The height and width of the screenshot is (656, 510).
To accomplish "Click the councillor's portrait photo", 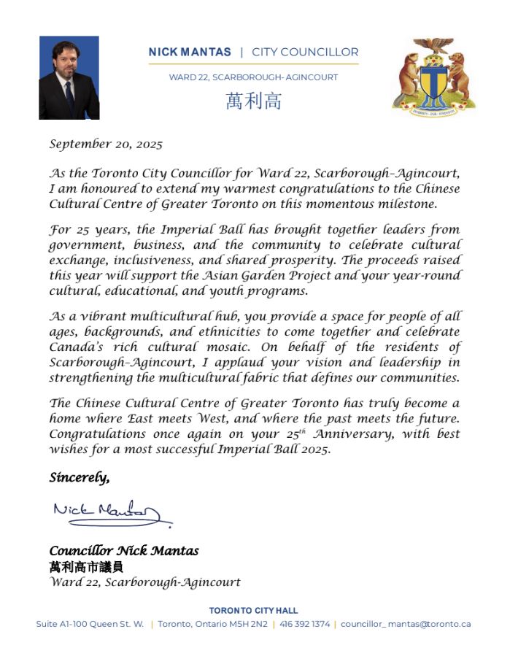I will (x=69, y=78).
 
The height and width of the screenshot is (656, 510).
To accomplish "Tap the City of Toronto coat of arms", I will (x=433, y=75).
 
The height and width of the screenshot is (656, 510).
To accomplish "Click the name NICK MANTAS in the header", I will (x=190, y=53).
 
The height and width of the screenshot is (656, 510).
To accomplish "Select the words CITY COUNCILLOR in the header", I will (x=305, y=53).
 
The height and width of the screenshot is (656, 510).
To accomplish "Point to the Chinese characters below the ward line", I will (x=253, y=101).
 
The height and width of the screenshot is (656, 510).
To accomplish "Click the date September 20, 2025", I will (x=106, y=144).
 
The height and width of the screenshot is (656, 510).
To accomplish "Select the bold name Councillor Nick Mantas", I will (x=124, y=551).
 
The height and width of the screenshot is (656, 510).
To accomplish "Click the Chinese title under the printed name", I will (x=86, y=566).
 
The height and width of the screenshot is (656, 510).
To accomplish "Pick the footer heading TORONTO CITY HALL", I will (x=253, y=610).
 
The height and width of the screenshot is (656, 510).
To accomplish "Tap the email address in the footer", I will (x=406, y=624).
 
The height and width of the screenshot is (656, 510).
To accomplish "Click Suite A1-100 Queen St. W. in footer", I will (x=90, y=624).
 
